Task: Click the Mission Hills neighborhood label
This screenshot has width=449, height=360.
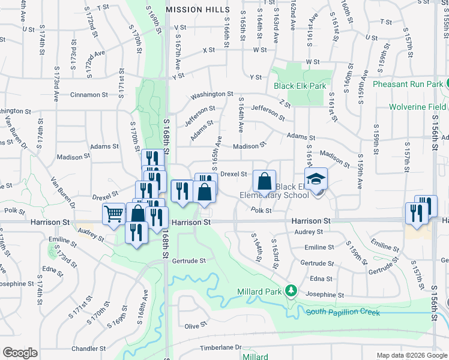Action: click(197, 10)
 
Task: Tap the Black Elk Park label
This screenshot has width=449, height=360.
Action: click(300, 86)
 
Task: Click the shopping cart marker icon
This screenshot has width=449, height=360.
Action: click(113, 214)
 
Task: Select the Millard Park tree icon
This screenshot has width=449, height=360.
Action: click(291, 291)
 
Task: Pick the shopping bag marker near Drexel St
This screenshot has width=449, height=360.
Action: click(264, 181)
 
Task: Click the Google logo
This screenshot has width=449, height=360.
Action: click(20, 353)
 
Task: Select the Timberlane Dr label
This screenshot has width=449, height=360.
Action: click(220, 347)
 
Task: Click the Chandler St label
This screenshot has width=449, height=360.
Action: click(88, 348)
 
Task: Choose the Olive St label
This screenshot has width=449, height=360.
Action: click(196, 326)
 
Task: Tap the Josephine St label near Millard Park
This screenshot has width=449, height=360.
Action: click(324, 295)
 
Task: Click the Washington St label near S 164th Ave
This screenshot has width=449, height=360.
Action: click(212, 95)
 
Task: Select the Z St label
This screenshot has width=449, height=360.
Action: click(285, 104)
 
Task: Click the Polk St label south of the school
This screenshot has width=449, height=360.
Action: click(262, 211)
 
